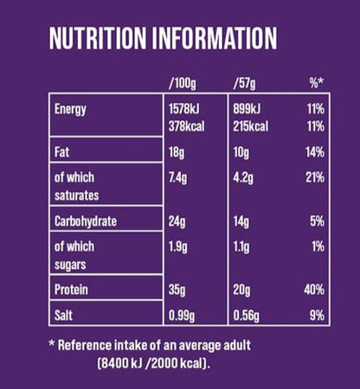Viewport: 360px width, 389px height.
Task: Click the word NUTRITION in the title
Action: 99,40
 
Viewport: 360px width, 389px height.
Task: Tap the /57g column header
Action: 246,84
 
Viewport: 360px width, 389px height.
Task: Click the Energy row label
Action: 71,110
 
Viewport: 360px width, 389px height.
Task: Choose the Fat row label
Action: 62,152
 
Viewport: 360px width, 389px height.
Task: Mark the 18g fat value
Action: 177,152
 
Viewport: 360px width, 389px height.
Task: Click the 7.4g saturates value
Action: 179,178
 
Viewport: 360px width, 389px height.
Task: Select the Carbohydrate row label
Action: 86,221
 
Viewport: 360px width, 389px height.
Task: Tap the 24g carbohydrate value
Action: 177,221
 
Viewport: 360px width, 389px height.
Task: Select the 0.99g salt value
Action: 183,316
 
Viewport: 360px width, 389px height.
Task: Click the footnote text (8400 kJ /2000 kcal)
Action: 153,363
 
